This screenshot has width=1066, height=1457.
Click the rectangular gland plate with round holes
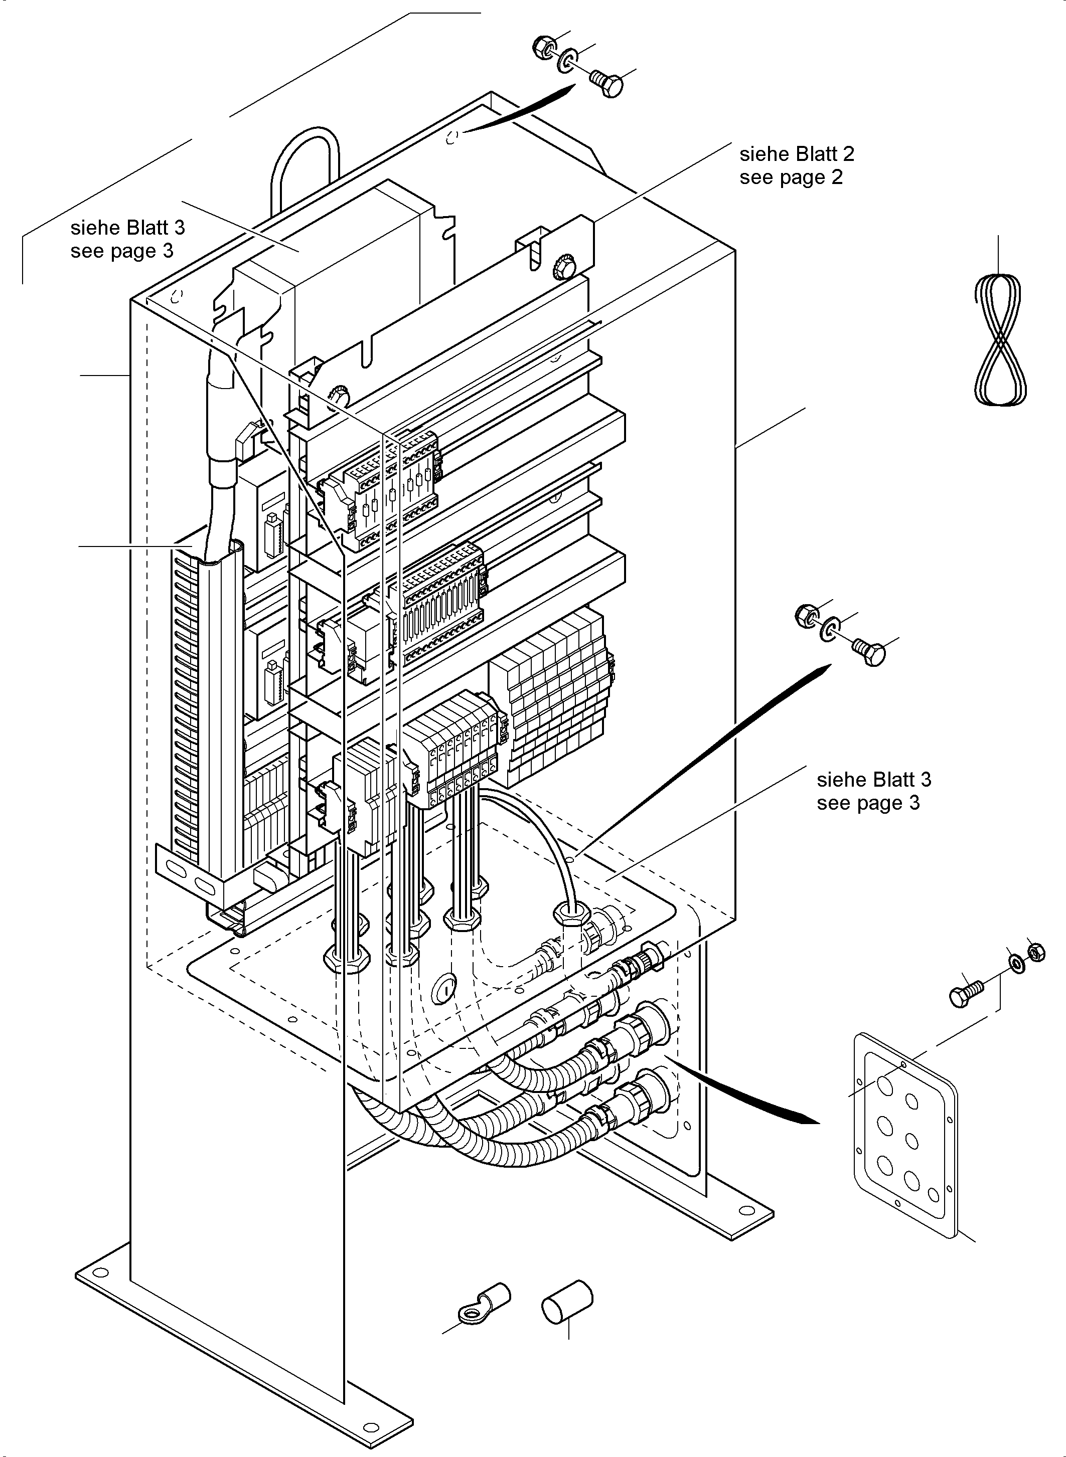pyautogui.click(x=906, y=1141)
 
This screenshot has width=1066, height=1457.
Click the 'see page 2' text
pyautogui.click(x=791, y=177)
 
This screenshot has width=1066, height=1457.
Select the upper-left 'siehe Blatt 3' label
pyautogui.click(x=127, y=228)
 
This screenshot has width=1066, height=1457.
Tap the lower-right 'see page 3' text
pyautogui.click(x=868, y=803)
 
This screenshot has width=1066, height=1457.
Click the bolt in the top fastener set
pyautogui.click(x=606, y=84)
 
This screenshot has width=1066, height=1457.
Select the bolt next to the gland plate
pyautogui.click(x=965, y=993)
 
